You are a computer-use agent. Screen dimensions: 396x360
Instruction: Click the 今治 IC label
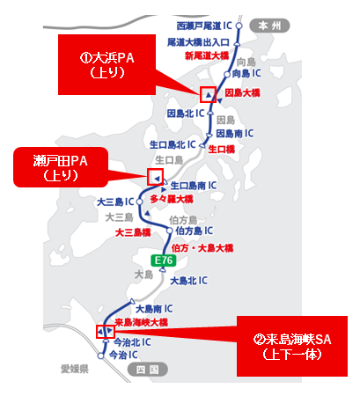(124, 356)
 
